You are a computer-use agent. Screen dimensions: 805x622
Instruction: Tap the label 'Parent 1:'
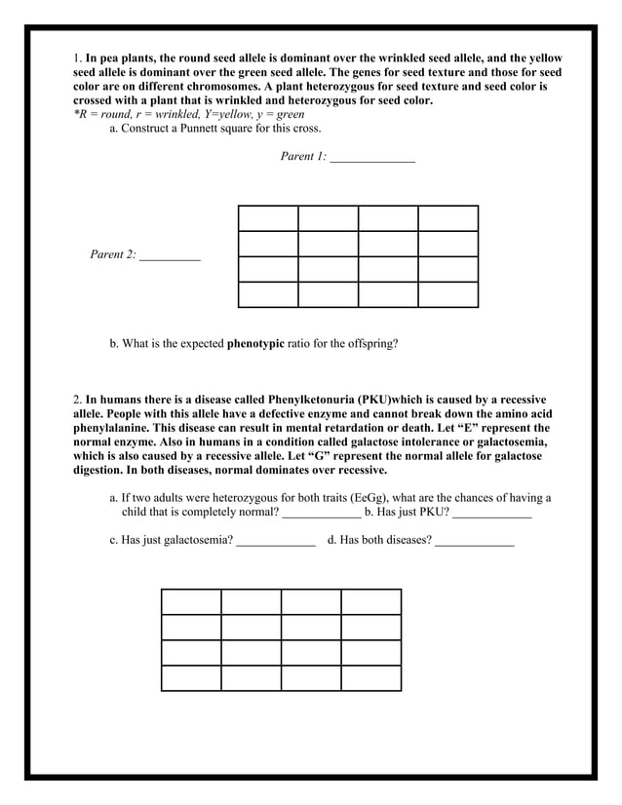tap(303, 156)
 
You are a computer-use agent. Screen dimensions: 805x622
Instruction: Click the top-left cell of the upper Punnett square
tap(268, 218)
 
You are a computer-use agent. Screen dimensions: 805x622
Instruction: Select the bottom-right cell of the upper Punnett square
tap(448, 294)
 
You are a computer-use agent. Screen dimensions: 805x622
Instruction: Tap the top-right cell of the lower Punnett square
tap(371, 601)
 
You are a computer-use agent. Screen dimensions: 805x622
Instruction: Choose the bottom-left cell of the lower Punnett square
tap(191, 678)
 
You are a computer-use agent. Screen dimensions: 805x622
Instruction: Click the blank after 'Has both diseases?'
tap(475, 542)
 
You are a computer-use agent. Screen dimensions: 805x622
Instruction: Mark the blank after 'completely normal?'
tap(322, 513)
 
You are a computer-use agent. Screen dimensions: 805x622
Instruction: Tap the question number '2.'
tap(78, 401)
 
